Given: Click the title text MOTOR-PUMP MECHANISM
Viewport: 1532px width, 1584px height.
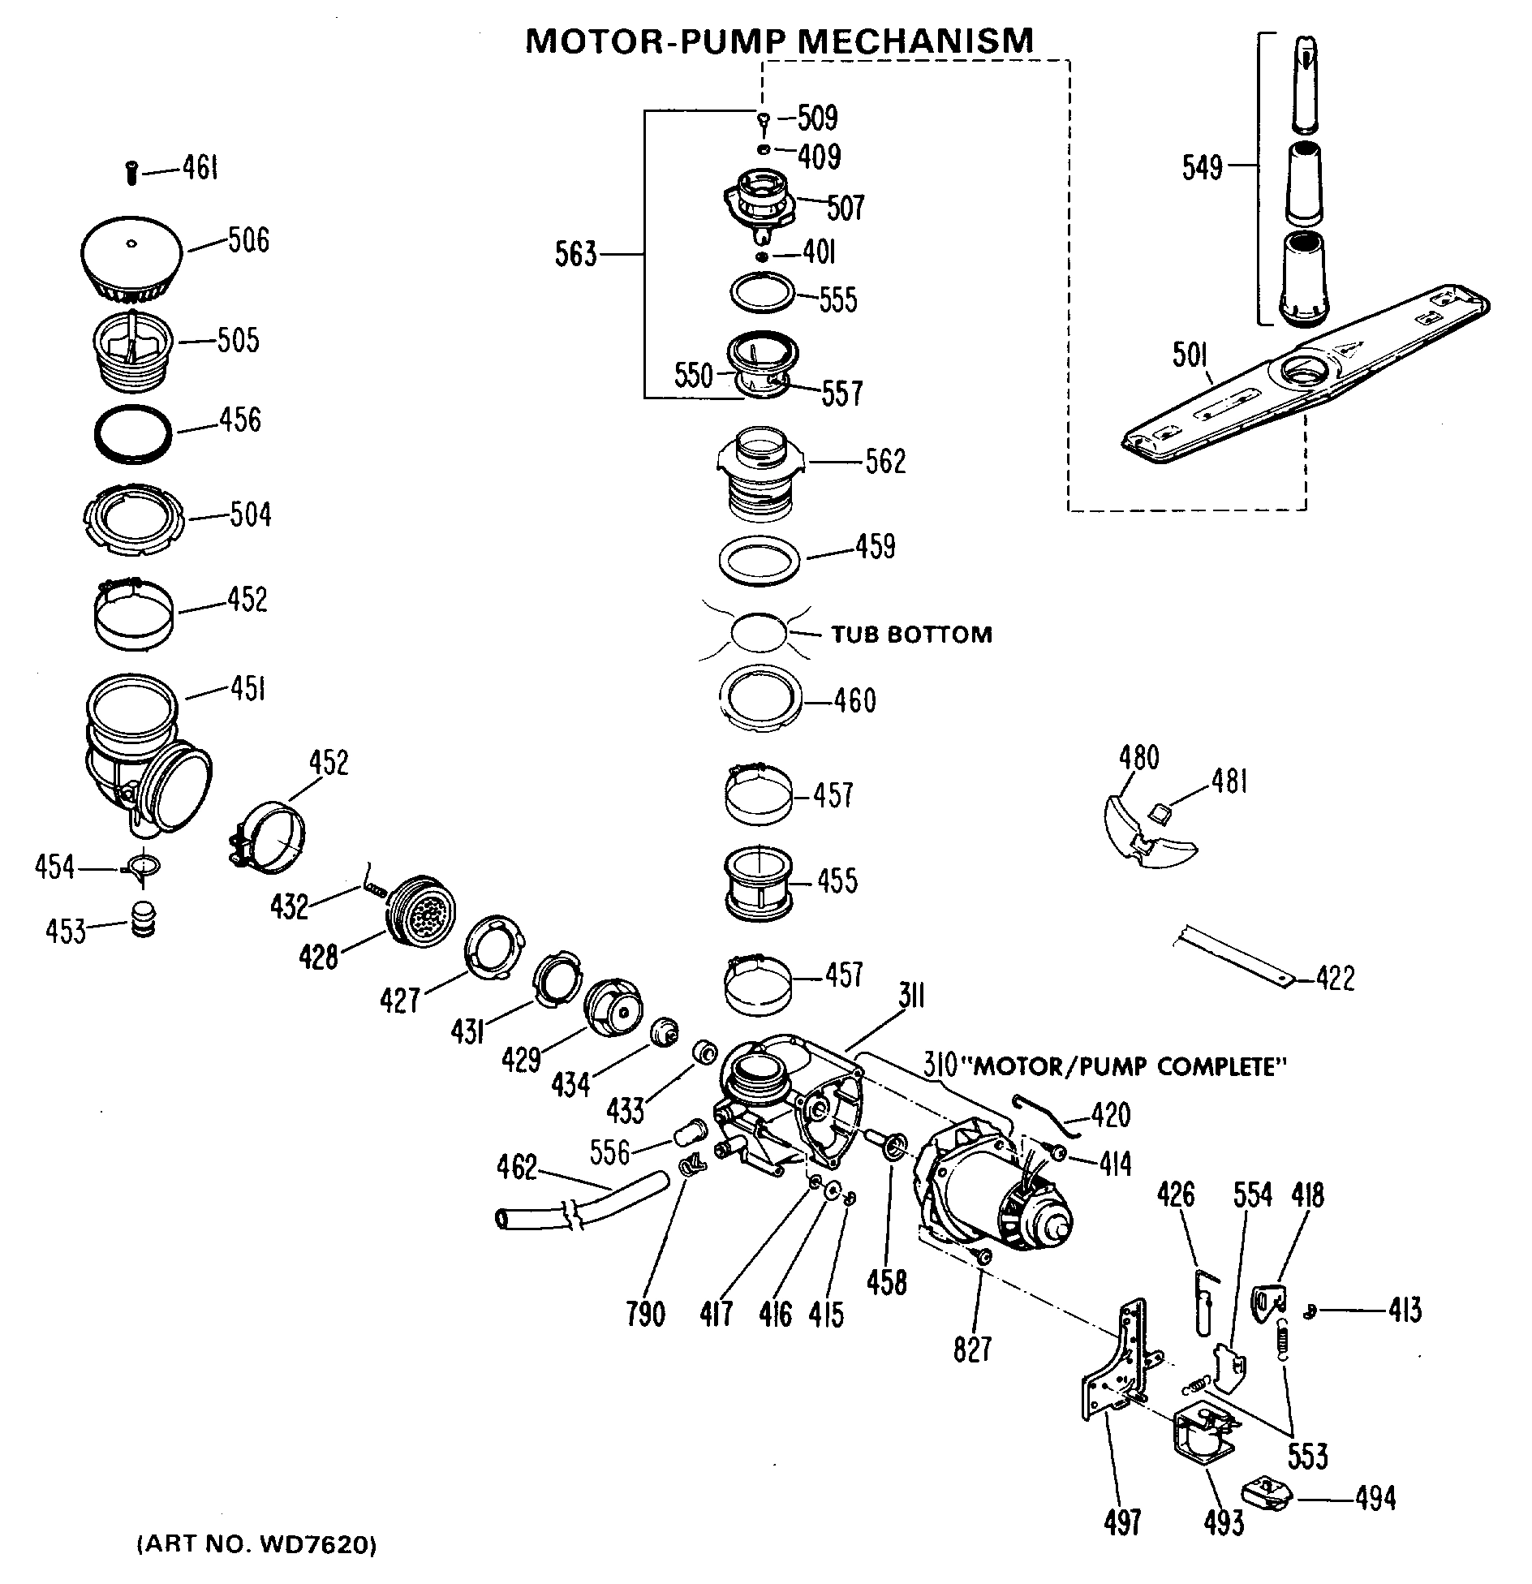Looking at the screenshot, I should pos(779,41).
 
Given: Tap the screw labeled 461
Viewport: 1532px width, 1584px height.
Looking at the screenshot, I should pos(132,172).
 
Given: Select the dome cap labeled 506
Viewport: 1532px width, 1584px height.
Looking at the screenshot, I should pos(133,260).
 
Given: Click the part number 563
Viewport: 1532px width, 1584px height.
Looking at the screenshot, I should pos(575,255).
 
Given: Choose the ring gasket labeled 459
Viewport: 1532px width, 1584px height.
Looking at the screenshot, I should pos(760,560).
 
